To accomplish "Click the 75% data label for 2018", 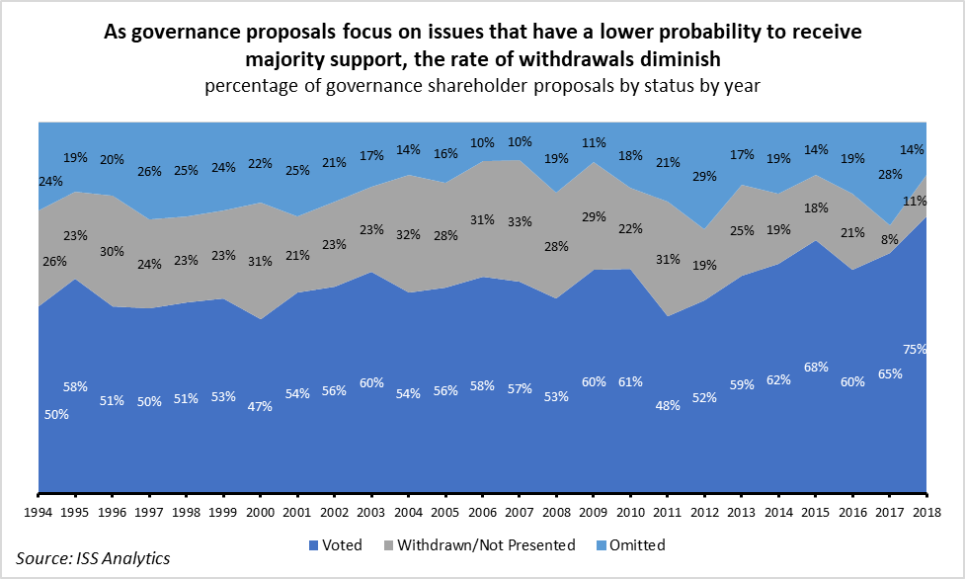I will pyautogui.click(x=915, y=348).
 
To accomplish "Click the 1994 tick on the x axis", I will pyautogui.click(x=38, y=511).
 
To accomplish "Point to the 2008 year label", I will pyautogui.click(x=556, y=511).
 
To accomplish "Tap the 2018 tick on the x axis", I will pyautogui.click(x=926, y=511).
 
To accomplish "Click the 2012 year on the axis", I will pyautogui.click(x=704, y=511).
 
